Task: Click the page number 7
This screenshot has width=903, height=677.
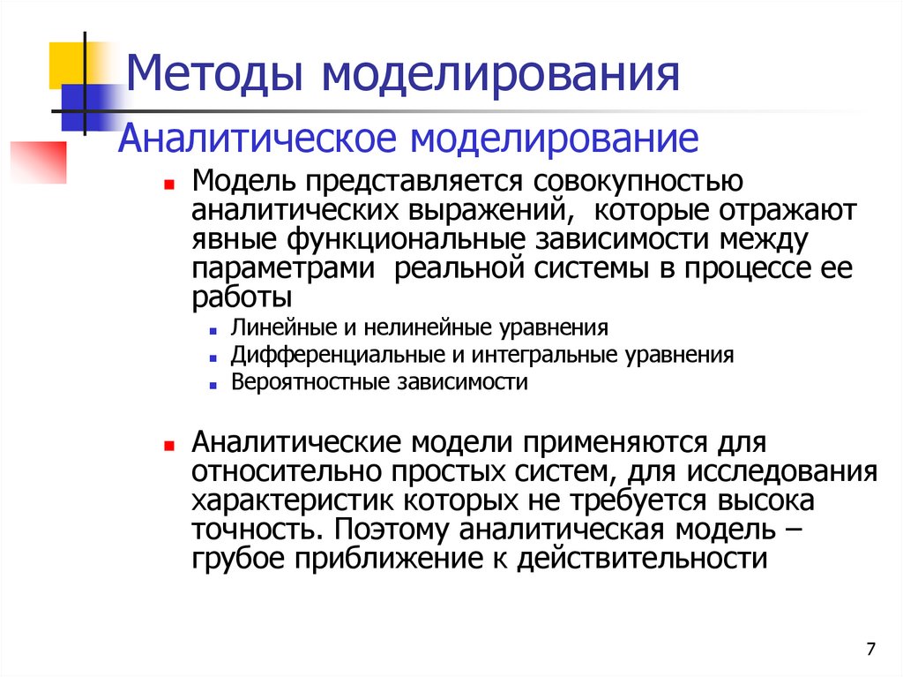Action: [871, 650]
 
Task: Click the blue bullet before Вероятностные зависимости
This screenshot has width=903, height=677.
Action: [214, 386]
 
